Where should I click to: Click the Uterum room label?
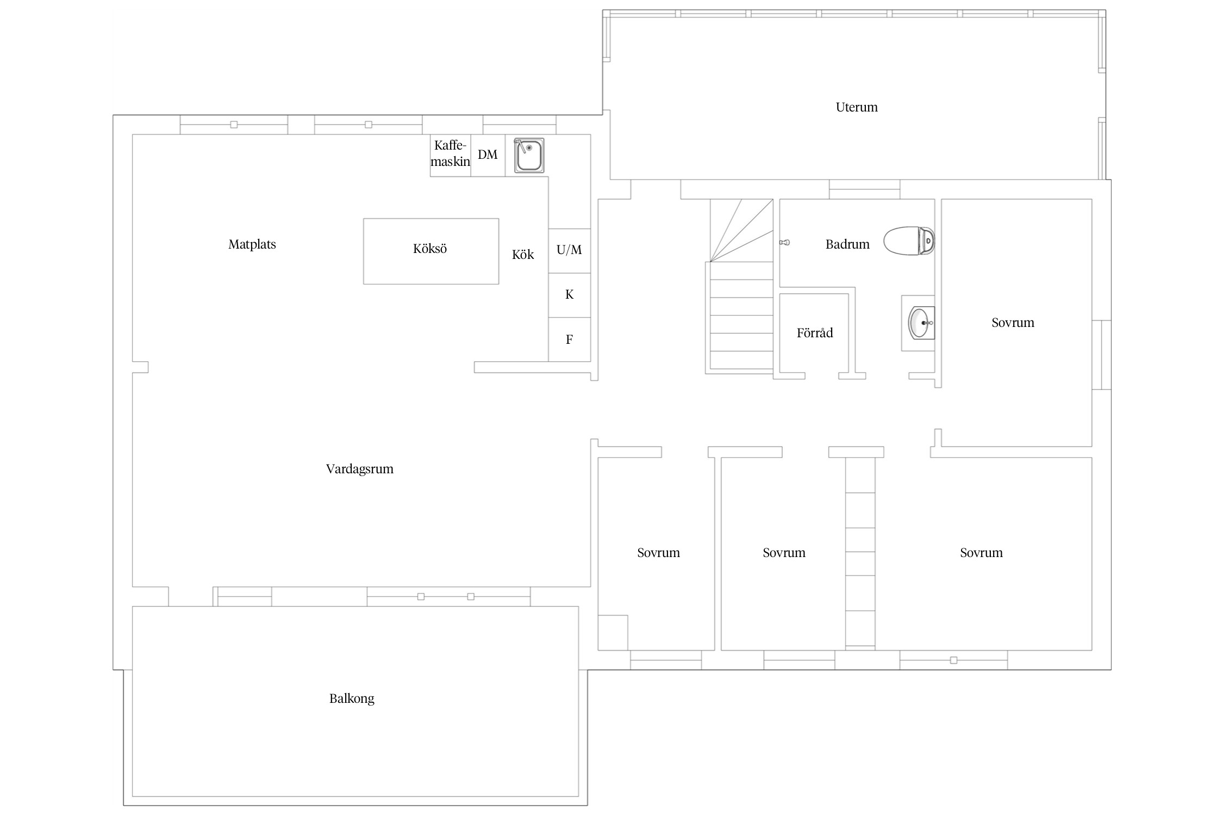point(857,107)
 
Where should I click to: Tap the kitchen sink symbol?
point(529,156)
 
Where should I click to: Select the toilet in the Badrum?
point(909,240)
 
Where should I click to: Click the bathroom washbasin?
point(921,323)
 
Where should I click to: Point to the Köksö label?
point(430,249)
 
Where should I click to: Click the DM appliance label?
point(488,155)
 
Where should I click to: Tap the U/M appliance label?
point(569,250)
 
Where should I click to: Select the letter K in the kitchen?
point(570,294)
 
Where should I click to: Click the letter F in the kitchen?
point(569,339)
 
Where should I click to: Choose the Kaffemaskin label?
point(450,153)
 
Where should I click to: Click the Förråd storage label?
point(815,332)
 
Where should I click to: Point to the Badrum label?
point(847,244)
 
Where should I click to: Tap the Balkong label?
point(352,698)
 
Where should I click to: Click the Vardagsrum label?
point(360,469)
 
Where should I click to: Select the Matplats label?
point(252,244)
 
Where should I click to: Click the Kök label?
point(523,255)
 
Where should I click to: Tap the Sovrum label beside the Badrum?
point(1013,323)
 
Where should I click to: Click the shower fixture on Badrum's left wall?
point(784,243)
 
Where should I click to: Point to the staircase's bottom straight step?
point(741,360)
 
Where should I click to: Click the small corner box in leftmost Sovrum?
point(613,633)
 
